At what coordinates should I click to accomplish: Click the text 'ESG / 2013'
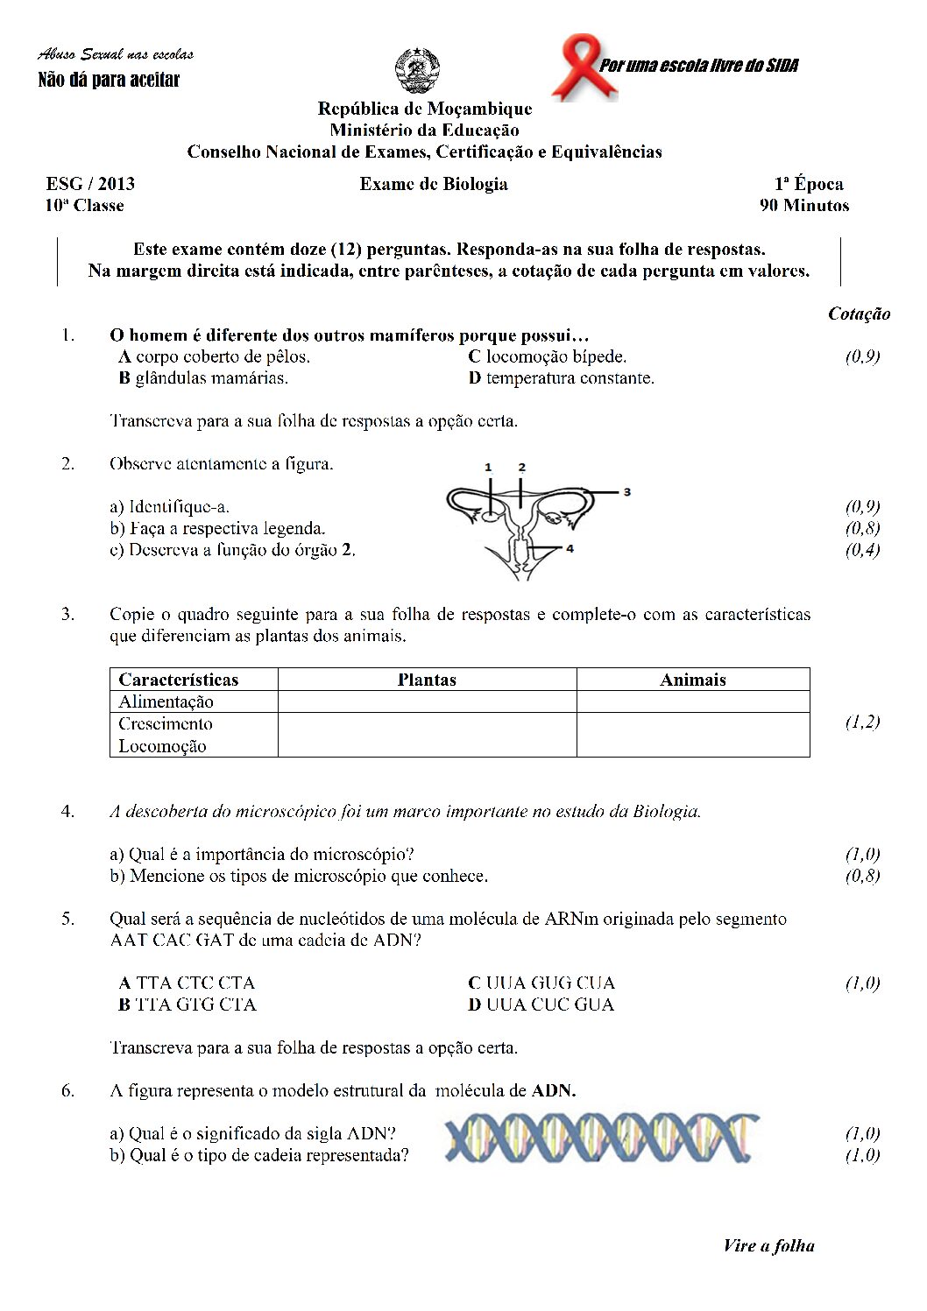90,184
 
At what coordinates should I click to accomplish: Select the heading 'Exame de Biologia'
434,184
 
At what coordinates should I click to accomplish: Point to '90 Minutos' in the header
804,206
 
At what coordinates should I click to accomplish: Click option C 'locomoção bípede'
548,356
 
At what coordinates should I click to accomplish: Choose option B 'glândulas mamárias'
203,378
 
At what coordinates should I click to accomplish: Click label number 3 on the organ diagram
626,492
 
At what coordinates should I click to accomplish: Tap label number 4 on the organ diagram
570,549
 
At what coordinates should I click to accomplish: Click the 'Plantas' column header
427,680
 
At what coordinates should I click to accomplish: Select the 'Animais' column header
692,680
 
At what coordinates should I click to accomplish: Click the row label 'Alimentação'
166,701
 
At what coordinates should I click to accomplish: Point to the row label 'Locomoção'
162,746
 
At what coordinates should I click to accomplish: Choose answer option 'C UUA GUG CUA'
541,983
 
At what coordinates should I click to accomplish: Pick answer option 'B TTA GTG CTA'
188,1004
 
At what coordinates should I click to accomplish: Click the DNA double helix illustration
601,1138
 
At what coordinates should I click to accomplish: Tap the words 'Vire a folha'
768,1245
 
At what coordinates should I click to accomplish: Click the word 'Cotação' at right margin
859,314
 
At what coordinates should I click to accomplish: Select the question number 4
67,811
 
